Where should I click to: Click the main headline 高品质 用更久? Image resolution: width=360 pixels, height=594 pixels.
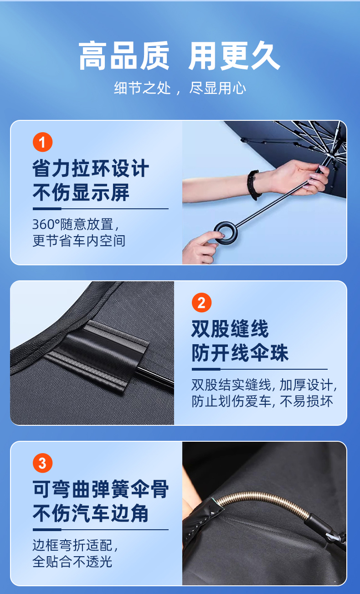180,56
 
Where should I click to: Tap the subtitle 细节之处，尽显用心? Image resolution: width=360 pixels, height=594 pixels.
180,88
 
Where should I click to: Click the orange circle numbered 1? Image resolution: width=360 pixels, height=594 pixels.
43,142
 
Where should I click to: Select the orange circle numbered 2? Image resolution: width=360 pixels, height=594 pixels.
201,303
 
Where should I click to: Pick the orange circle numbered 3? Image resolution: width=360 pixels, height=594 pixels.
43,463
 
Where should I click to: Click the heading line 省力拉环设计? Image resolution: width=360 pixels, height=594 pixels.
90,168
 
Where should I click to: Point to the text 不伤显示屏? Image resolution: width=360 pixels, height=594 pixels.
81,192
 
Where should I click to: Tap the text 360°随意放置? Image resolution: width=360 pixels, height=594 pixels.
76,225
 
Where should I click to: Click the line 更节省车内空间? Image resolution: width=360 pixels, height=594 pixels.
79,241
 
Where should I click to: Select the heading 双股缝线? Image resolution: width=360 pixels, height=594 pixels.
230,329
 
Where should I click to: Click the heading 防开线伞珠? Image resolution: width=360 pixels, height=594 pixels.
240,353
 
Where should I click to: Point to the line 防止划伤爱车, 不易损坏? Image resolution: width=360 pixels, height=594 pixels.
262,401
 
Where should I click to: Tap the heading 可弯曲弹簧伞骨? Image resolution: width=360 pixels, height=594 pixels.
100,489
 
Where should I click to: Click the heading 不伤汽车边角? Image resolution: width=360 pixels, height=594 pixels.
90,513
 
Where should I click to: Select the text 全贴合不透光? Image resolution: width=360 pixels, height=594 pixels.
72,561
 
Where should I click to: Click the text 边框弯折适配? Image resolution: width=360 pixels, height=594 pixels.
75,546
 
